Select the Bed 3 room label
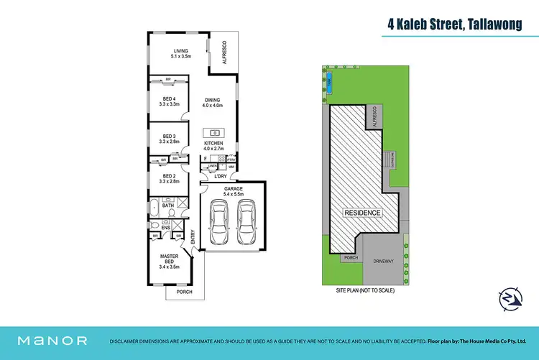pyautogui.click(x=170, y=139)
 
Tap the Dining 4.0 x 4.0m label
pyautogui.click(x=213, y=103)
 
